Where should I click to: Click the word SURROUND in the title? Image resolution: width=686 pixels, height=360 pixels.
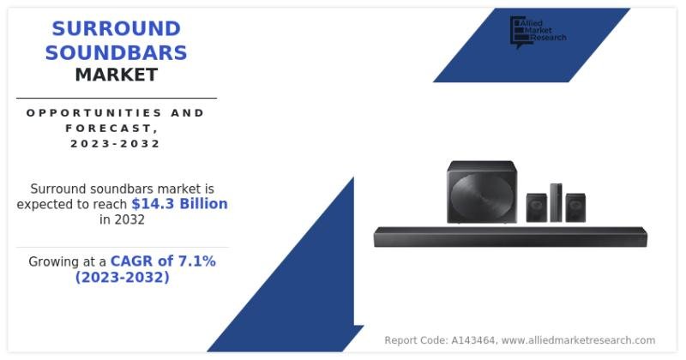(117, 29)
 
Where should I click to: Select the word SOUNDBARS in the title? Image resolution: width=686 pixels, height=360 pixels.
(116, 53)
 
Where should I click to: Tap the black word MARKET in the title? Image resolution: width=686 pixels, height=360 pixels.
(117, 75)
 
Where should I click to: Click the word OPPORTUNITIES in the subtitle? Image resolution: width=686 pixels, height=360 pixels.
(87, 113)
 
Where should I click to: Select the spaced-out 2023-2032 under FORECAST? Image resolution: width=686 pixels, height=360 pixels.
(116, 143)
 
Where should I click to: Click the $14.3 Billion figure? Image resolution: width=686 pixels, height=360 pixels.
(179, 204)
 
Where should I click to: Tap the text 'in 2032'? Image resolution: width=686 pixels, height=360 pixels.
(122, 219)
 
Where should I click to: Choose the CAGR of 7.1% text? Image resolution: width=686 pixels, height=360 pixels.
(163, 261)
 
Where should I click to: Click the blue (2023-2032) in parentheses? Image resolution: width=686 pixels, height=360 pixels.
(122, 278)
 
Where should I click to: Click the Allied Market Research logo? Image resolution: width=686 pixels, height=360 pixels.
(538, 32)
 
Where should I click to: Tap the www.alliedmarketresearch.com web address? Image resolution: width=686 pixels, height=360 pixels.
(578, 340)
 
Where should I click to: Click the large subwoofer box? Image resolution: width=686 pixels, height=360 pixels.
(482, 192)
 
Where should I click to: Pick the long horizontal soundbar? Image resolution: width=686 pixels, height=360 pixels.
(510, 237)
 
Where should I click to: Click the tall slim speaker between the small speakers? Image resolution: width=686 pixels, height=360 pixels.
(556, 202)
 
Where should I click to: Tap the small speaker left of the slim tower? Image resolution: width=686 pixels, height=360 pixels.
(537, 207)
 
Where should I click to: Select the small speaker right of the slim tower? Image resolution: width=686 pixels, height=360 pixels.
(575, 207)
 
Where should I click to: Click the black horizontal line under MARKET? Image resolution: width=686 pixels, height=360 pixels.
(117, 99)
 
